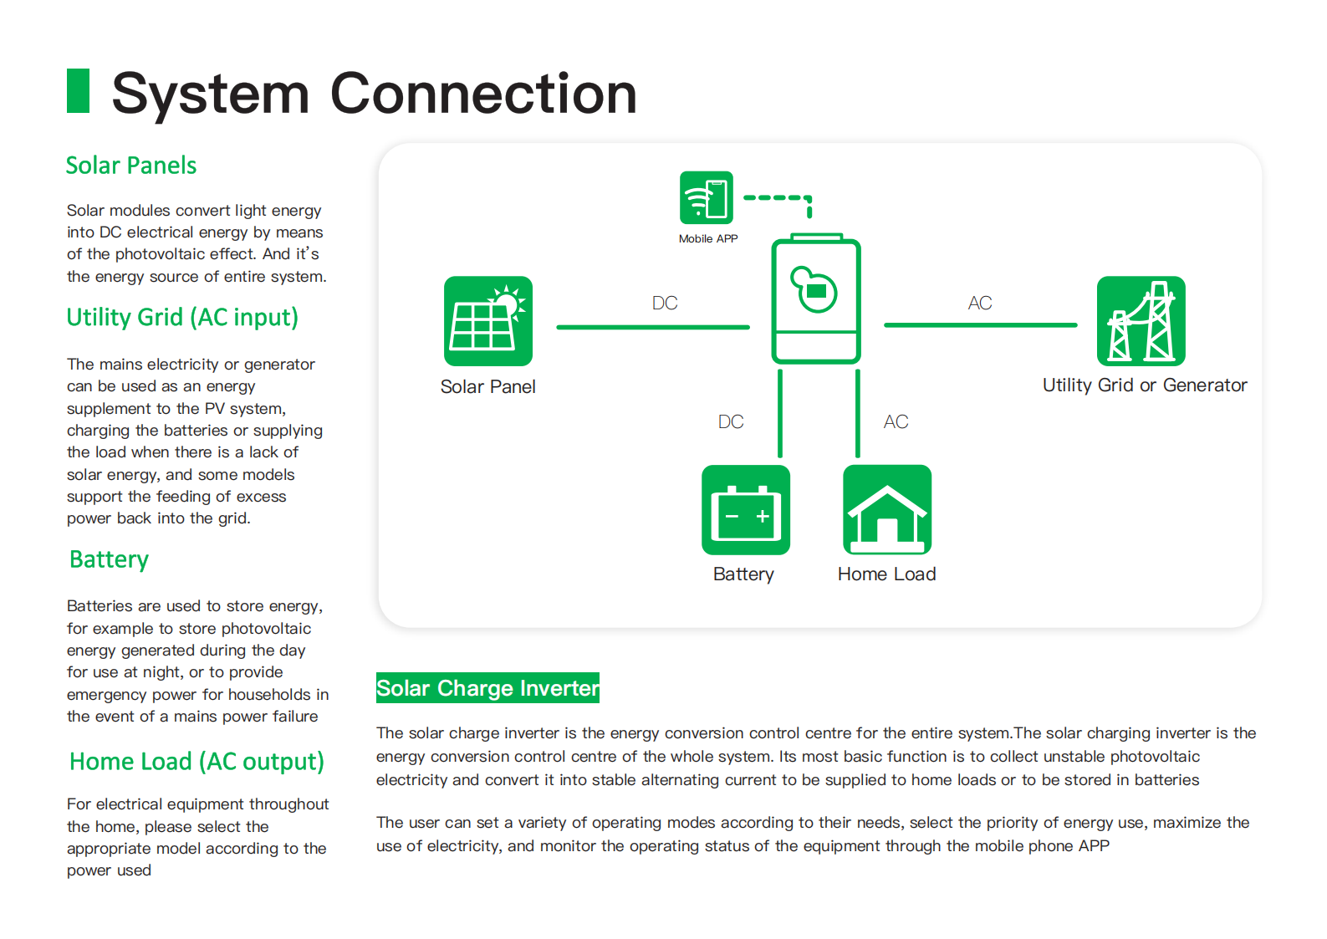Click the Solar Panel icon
coord(488,320)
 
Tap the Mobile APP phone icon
coord(707,198)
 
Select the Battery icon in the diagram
coord(746,509)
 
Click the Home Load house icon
coord(887,509)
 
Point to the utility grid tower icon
coord(1141,320)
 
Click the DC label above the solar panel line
coord(665,303)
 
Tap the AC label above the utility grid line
coord(980,303)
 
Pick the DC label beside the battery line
coord(731,421)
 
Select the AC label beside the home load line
coord(896,421)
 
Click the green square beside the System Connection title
coord(79,90)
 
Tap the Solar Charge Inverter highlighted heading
coord(487,688)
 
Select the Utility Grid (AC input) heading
coord(182,318)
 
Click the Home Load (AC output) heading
coord(196,762)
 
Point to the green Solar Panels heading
coord(131,166)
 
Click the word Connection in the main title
coord(483,93)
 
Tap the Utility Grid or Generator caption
coord(1145,385)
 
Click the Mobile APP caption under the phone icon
coord(708,239)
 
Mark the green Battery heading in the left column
coord(109,560)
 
